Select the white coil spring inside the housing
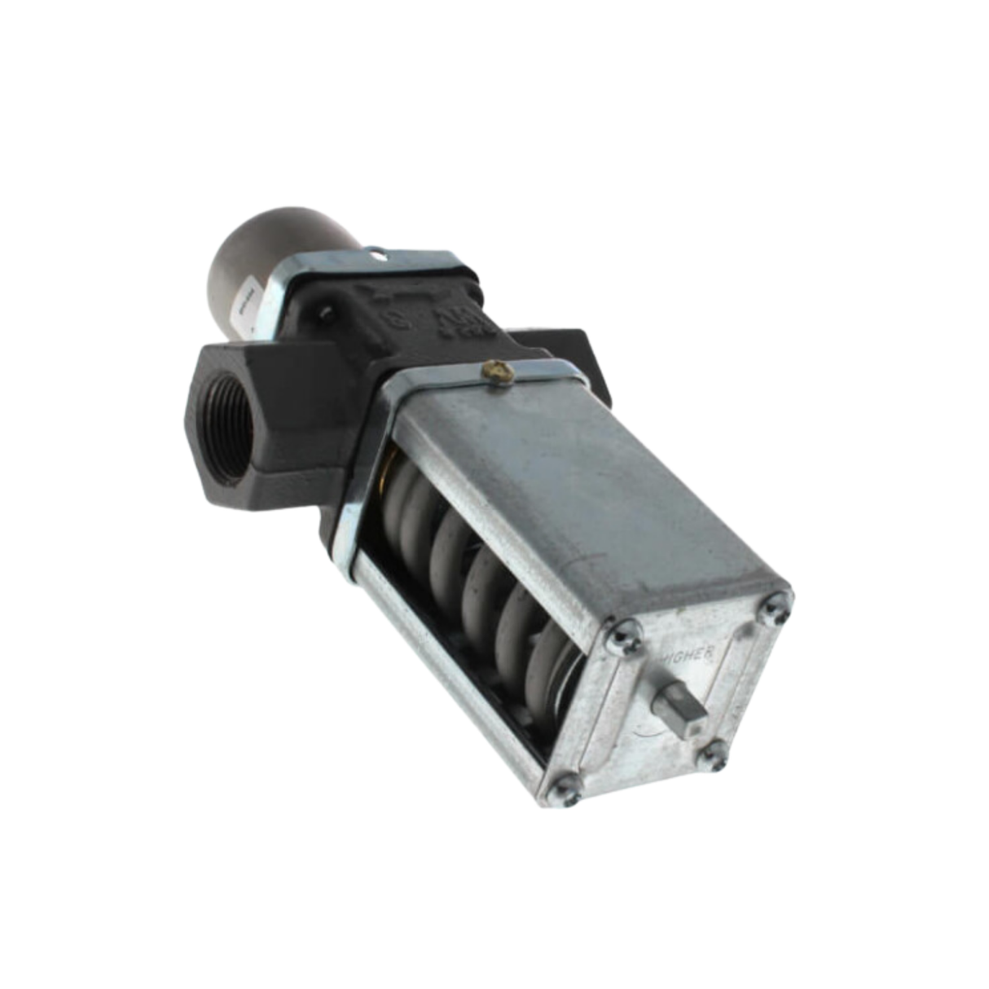click(473, 570)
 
